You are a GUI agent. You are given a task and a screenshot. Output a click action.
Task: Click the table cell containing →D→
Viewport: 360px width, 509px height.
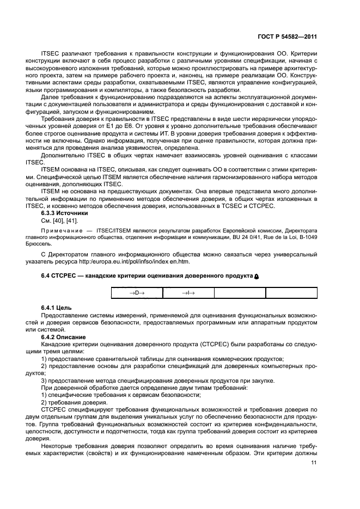137,293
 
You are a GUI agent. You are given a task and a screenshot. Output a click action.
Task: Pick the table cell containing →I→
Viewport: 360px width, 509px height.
188,293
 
